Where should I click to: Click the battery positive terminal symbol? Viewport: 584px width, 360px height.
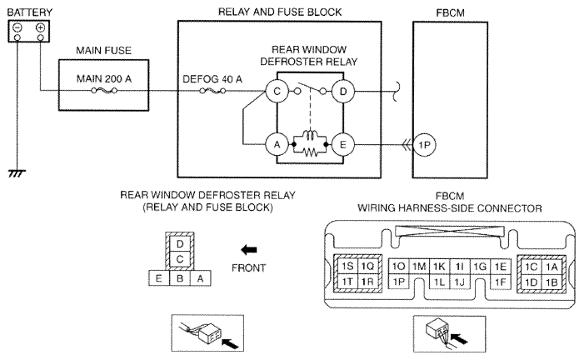[x=41, y=27]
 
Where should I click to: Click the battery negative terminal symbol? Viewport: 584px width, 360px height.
[x=17, y=27]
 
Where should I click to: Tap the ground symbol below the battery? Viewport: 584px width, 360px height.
[x=17, y=173]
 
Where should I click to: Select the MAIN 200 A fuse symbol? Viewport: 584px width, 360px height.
[x=104, y=91]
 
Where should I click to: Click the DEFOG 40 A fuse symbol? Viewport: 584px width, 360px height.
[x=212, y=91]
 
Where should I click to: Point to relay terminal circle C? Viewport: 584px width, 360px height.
[x=277, y=92]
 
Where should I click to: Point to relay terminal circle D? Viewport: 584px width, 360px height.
[x=343, y=92]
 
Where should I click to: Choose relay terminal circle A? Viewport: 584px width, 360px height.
[x=277, y=145]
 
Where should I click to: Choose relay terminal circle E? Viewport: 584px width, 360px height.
[x=343, y=145]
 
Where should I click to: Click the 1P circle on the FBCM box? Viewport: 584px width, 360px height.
[x=424, y=145]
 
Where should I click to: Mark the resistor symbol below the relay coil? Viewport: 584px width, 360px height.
[x=310, y=152]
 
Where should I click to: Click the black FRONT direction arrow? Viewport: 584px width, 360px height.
[x=249, y=250]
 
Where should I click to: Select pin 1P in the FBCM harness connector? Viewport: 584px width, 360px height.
[x=398, y=282]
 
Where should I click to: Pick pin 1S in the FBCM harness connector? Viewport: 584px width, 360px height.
[x=347, y=267]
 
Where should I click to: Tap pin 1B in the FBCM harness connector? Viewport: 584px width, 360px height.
[x=552, y=282]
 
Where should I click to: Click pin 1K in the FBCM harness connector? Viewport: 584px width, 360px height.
[x=439, y=267]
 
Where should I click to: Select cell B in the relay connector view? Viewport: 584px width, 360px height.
[x=180, y=278]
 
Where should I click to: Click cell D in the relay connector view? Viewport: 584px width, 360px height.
[x=180, y=244]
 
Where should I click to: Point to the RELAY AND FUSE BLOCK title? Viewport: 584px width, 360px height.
[x=280, y=12]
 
